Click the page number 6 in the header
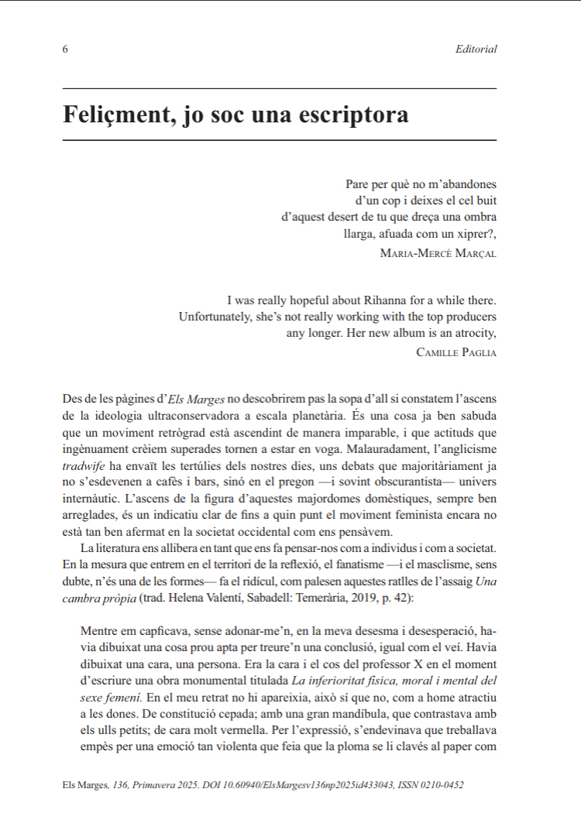65,50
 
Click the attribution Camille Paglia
456,352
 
